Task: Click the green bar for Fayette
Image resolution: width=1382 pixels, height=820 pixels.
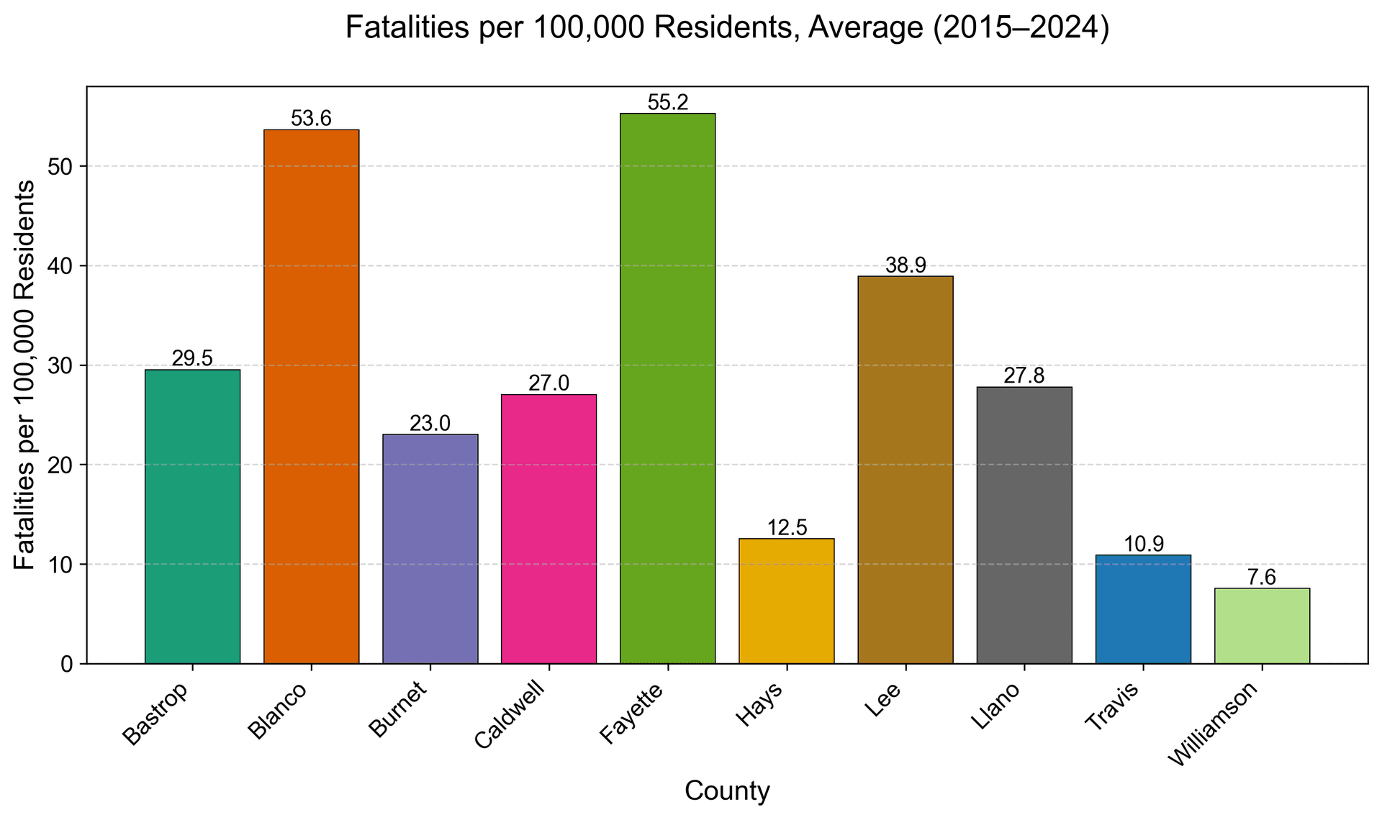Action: pos(667,388)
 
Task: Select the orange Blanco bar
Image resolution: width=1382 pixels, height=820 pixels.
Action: pos(311,396)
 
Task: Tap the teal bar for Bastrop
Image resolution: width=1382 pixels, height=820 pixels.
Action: pos(192,516)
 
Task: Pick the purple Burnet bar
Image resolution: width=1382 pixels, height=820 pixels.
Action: pos(430,549)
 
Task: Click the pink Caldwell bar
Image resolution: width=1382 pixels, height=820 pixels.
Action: pos(548,529)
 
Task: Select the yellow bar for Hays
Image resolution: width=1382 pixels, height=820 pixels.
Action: pos(786,601)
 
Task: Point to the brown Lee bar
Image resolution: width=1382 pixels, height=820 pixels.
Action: pos(905,470)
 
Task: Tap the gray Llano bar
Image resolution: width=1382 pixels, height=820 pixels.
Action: pos(1024,525)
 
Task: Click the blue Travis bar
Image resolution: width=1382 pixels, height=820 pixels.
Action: pos(1142,609)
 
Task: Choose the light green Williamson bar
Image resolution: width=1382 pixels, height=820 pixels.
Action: pos(1261,625)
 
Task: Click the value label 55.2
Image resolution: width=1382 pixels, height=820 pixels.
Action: pos(667,103)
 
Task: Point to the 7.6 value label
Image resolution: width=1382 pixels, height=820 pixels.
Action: pos(1261,578)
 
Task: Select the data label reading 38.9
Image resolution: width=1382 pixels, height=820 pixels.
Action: pos(905,265)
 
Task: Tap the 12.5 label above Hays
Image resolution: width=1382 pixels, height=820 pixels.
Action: pos(786,528)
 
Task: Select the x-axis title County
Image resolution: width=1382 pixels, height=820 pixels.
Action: pos(727,791)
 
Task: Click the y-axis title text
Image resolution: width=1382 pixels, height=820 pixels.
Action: pos(24,375)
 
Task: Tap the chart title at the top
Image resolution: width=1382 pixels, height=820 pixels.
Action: pos(727,28)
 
